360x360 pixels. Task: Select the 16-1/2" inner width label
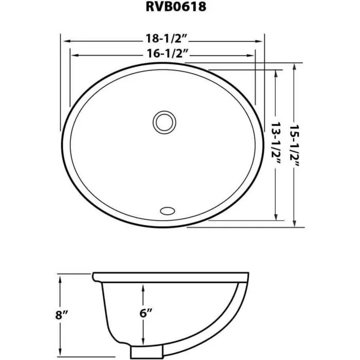tap(164, 53)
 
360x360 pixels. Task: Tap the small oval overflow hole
tap(168, 210)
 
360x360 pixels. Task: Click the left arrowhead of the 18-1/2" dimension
tap(64, 40)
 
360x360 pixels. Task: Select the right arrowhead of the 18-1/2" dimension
tap(262, 40)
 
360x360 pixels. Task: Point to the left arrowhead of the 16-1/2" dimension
tap(72, 53)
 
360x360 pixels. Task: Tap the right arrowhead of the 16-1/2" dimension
tap(254, 53)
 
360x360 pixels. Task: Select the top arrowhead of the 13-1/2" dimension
tap(277, 73)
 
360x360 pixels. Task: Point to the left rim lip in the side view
tap(96, 277)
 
